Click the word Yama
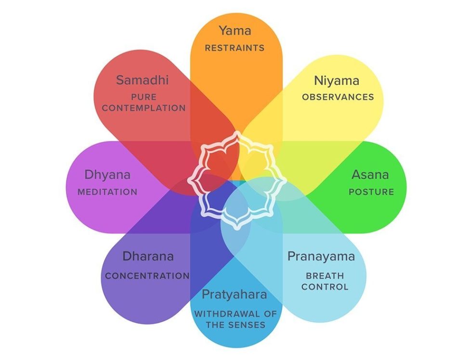(x=235, y=31)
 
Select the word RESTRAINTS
(x=235, y=48)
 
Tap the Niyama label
(x=337, y=80)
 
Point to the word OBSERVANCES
(x=338, y=97)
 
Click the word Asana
(x=370, y=174)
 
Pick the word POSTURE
(x=371, y=192)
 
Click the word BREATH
(x=325, y=276)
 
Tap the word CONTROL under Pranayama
(x=325, y=287)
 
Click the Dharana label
(x=148, y=257)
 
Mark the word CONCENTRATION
(x=147, y=276)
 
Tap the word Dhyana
(x=107, y=174)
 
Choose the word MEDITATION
(x=107, y=192)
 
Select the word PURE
(x=144, y=97)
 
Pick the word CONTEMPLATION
(x=144, y=108)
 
